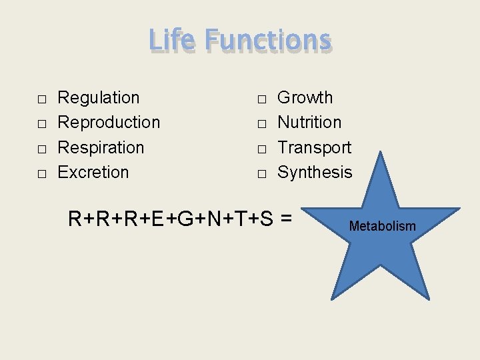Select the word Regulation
(x=99, y=98)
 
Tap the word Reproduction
(x=109, y=123)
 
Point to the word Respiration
(x=101, y=147)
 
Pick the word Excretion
(x=93, y=172)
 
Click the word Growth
(x=305, y=98)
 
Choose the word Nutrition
(x=309, y=123)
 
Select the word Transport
(x=314, y=147)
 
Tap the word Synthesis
(x=315, y=172)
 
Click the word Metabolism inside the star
(x=383, y=227)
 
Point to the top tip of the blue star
(x=381, y=153)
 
